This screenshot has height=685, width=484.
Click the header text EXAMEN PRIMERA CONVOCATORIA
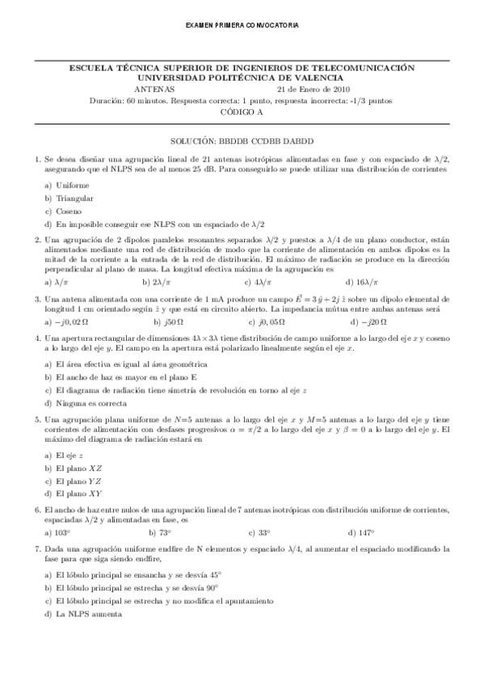pos(242,26)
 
